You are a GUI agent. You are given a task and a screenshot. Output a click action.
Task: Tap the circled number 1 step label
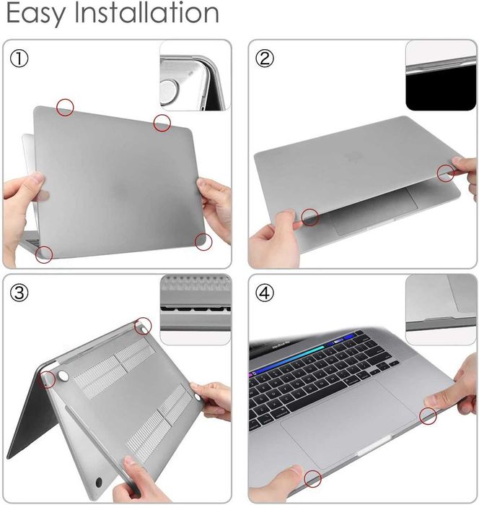tap(20, 59)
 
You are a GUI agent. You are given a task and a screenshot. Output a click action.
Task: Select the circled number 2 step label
tap(266, 59)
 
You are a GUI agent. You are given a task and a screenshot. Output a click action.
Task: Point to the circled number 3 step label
tap(20, 293)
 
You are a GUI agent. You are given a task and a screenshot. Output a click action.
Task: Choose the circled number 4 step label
tap(266, 293)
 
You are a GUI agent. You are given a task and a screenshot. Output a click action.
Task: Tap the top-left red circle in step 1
tap(66, 107)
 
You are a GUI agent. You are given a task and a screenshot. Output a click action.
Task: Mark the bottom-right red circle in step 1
tap(203, 241)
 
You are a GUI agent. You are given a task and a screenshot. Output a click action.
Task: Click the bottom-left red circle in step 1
tap(45, 253)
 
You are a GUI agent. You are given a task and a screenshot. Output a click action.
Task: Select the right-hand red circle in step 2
tap(446, 172)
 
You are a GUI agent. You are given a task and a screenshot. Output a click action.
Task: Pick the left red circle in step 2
tap(311, 216)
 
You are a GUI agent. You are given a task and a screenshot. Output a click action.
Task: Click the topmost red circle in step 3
tap(144, 326)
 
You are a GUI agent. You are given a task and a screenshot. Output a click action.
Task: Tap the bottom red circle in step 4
tap(312, 478)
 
